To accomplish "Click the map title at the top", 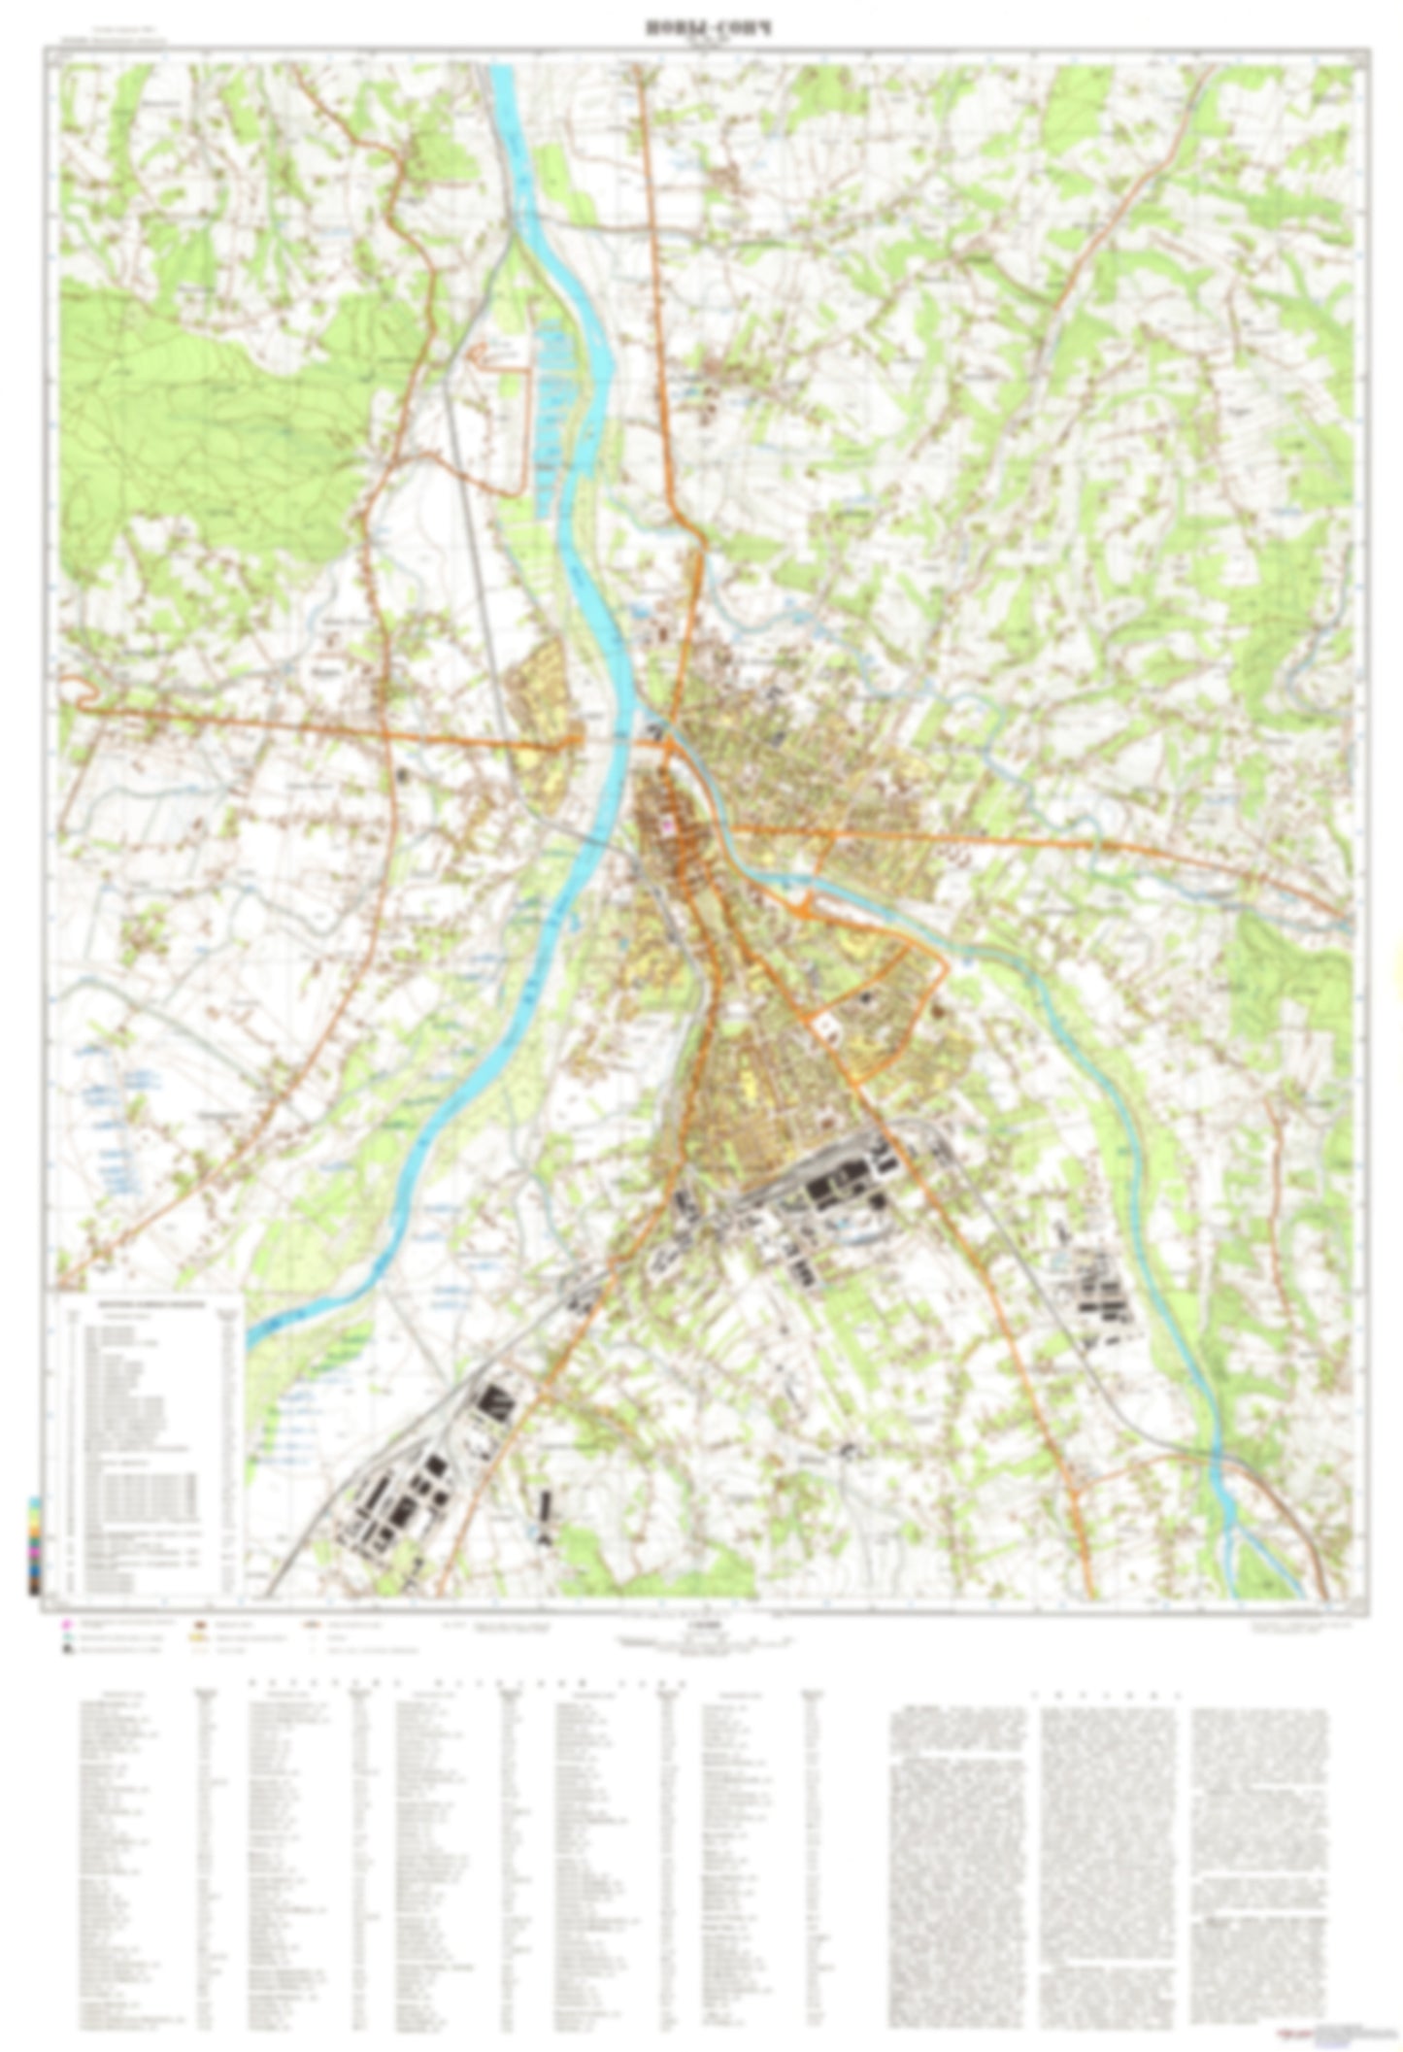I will point(694,29).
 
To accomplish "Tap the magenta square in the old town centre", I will point(667,824).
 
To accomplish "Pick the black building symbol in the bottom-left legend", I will point(65,1648).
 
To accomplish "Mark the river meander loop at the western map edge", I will point(78,690).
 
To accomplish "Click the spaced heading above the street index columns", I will point(466,1683).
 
